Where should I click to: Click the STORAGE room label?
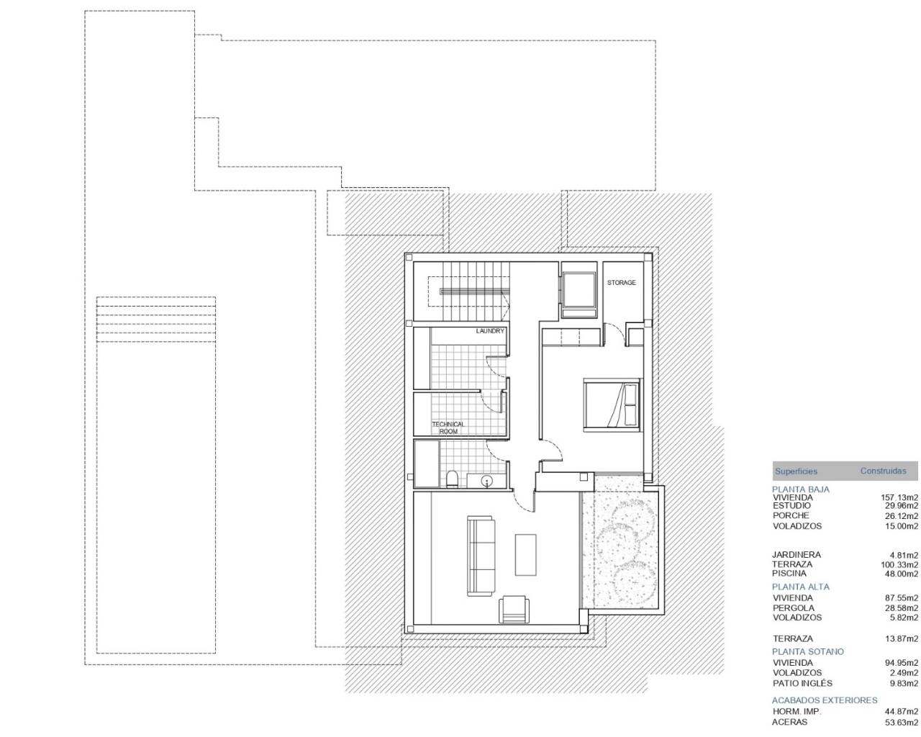[x=621, y=283]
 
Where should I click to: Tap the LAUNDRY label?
[x=490, y=331]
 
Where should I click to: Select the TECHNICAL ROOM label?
[x=448, y=428]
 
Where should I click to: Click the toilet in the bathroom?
[x=452, y=479]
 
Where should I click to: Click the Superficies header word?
[x=796, y=471]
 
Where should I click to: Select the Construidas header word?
[x=884, y=471]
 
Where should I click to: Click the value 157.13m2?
[x=899, y=497]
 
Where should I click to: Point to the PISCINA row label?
[x=789, y=574]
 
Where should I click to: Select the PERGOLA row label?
[x=794, y=608]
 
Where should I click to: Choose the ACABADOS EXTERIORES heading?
[x=825, y=700]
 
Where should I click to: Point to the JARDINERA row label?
[x=797, y=555]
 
